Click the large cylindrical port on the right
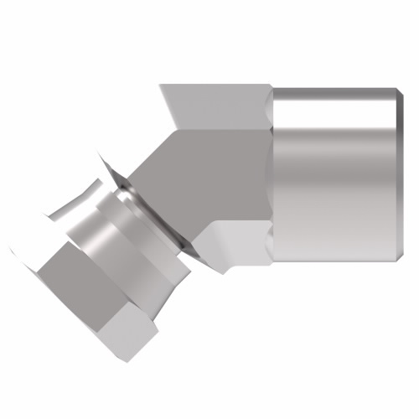(x=335, y=176)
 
